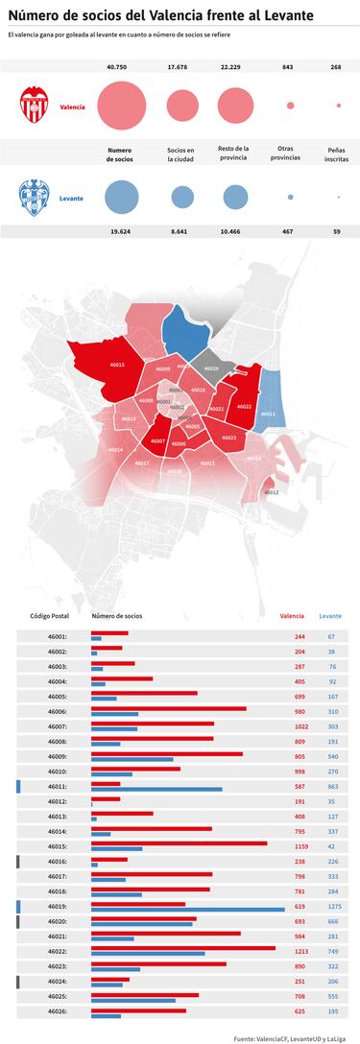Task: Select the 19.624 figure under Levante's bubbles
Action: click(120, 231)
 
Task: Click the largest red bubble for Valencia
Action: click(120, 106)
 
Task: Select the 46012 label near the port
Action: click(272, 491)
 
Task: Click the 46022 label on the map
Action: click(244, 407)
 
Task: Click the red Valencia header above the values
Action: click(292, 617)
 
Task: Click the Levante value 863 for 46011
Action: click(333, 787)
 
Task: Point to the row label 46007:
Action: click(57, 726)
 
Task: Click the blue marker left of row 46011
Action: click(18, 787)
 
